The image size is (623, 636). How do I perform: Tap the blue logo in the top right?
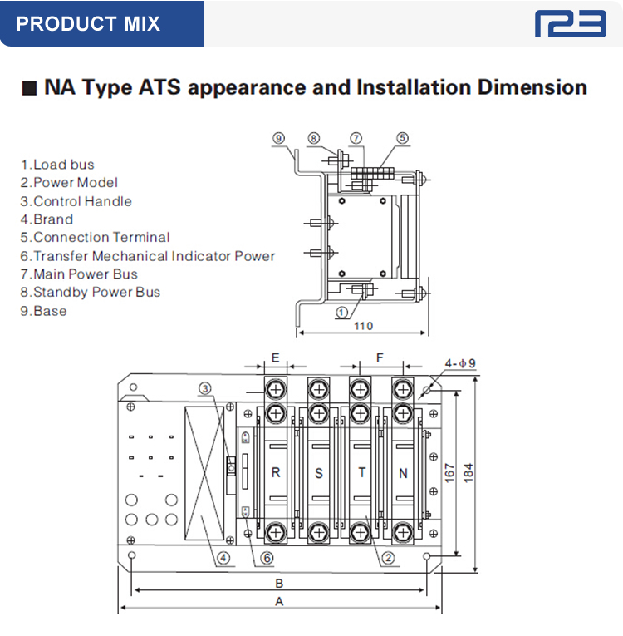pos(571,23)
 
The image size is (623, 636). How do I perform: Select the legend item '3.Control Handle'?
pos(76,201)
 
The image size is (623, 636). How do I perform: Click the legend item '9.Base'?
pos(44,311)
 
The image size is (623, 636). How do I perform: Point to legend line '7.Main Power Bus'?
pos(80,274)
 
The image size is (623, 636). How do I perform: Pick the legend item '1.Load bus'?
pos(58,165)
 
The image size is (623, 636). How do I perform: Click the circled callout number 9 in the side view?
pos(279,137)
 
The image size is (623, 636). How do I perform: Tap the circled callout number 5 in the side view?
pos(402,137)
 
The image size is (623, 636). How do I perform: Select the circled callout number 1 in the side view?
pos(342,312)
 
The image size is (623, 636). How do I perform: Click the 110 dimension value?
pos(363,326)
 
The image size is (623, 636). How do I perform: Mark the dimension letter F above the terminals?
pos(380,357)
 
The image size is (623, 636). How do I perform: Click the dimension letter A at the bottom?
pos(279,601)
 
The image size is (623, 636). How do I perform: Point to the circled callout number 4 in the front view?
pos(222,558)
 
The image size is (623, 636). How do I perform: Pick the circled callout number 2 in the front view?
pos(388,558)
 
